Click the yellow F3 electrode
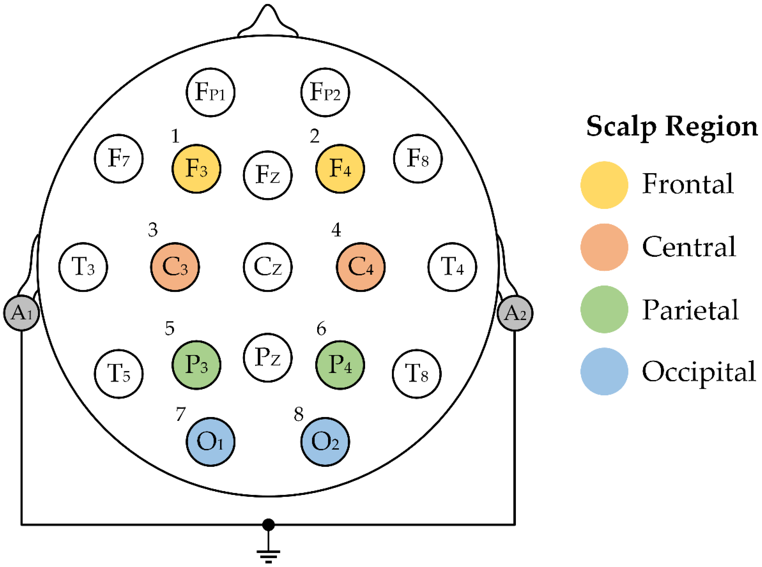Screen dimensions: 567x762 [x=196, y=169]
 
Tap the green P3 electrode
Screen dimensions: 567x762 [x=196, y=365]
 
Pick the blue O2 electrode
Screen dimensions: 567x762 [x=325, y=442]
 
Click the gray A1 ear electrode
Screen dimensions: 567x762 [x=21, y=313]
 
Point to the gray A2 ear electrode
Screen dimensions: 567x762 [x=514, y=313]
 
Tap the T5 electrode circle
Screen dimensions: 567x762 [x=119, y=374]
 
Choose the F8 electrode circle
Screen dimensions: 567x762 [x=418, y=159]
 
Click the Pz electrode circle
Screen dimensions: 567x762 [x=268, y=357]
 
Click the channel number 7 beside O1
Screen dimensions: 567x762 [x=181, y=414]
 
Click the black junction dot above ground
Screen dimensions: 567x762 [x=268, y=525]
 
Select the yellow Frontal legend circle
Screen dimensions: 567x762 [x=604, y=185]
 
